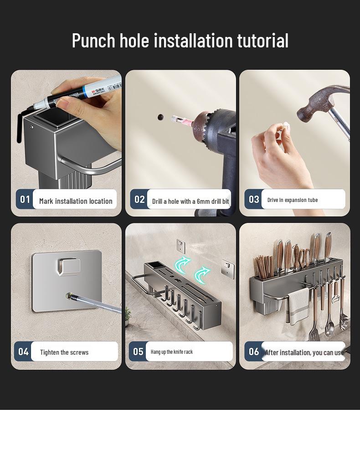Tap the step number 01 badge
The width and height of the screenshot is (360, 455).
tap(25, 200)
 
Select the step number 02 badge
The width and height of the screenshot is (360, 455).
tap(139, 200)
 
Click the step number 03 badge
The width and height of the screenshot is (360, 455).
tap(254, 200)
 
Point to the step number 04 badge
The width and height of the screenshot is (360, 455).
tap(23, 352)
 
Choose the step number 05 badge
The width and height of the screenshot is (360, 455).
tap(138, 352)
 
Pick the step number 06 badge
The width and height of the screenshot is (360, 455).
tap(254, 352)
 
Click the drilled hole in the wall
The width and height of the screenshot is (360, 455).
tap(160, 117)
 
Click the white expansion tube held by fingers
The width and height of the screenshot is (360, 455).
tap(287, 125)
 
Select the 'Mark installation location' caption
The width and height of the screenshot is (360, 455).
tap(76, 201)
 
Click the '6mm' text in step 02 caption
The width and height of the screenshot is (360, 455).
tap(203, 202)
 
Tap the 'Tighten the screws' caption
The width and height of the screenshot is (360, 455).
tap(64, 352)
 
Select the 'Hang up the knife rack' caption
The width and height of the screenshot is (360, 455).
tap(172, 352)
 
